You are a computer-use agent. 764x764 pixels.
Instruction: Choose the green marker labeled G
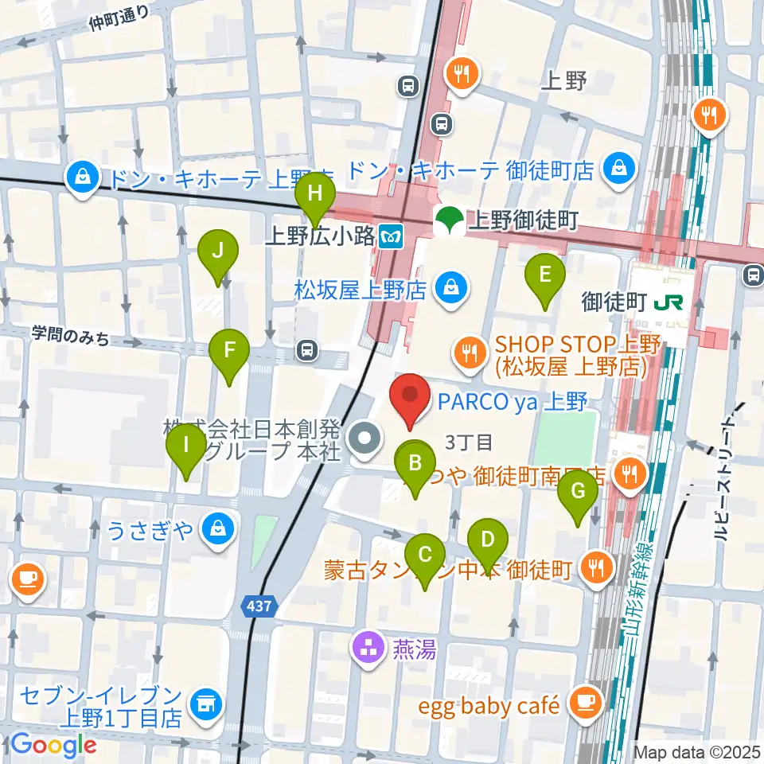579,494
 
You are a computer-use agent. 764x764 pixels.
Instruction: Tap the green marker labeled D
488,542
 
